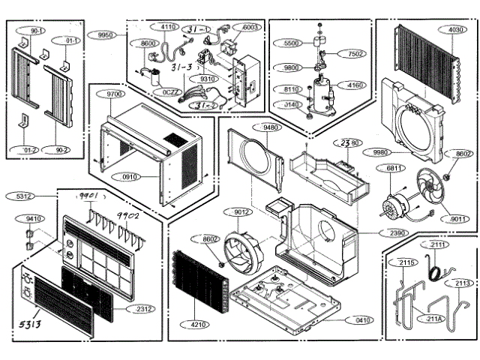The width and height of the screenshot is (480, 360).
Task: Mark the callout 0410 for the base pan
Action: (x=363, y=320)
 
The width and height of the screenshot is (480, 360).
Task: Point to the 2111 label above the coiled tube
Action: (x=438, y=245)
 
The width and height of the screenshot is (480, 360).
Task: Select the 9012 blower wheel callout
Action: (x=241, y=211)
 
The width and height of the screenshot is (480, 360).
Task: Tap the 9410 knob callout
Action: (x=33, y=219)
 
